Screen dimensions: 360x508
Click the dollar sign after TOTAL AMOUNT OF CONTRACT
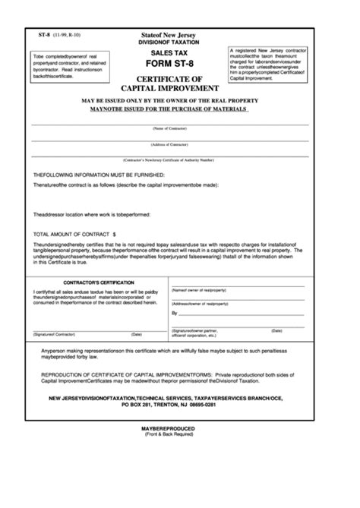point(115,235)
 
